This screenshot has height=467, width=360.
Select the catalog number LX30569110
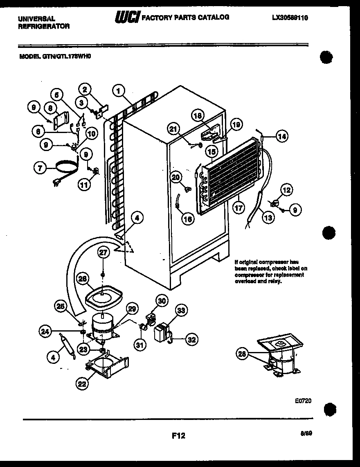pyautogui.click(x=290, y=18)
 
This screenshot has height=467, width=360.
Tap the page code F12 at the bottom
pyautogui.click(x=178, y=436)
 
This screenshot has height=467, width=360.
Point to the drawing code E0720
pyautogui.click(x=303, y=401)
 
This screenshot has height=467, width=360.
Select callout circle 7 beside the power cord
pyautogui.click(x=40, y=167)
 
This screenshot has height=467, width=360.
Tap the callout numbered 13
pyautogui.click(x=268, y=218)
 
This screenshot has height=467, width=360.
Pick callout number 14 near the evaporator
pyautogui.click(x=281, y=137)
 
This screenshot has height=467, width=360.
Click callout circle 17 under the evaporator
pyautogui.click(x=238, y=208)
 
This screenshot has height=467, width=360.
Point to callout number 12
pyautogui.click(x=286, y=190)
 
